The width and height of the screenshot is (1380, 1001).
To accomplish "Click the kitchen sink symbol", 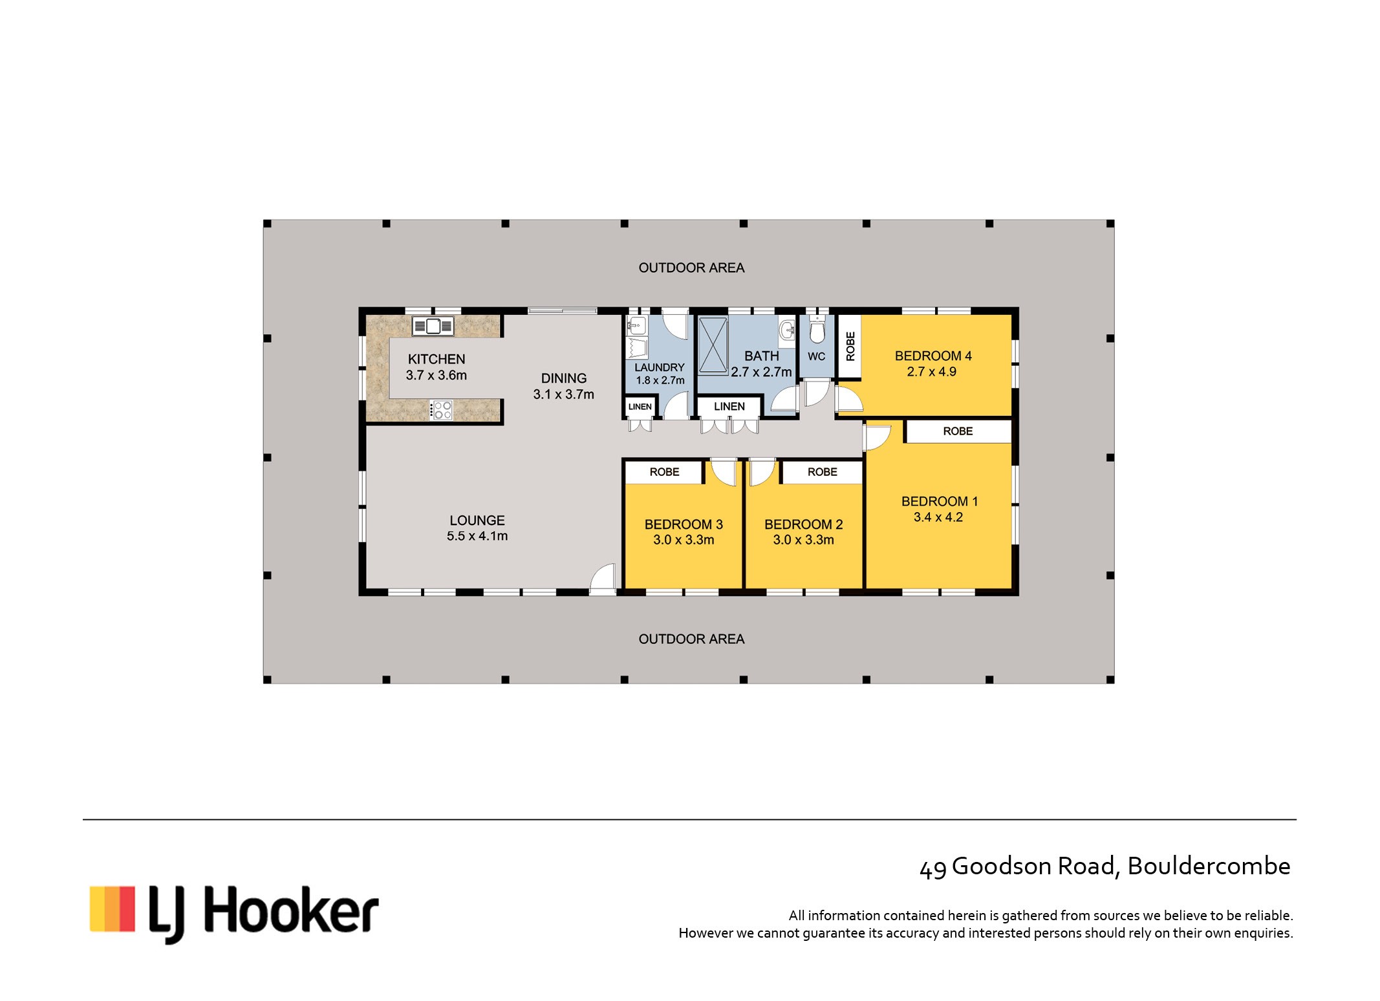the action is (433, 326).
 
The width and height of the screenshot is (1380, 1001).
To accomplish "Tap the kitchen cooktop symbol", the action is (441, 410).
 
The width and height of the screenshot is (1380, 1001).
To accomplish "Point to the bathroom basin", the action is (787, 330).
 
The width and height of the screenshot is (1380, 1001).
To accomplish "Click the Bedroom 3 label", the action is (684, 524).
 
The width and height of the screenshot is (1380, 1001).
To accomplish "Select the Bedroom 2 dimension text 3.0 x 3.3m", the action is (803, 540).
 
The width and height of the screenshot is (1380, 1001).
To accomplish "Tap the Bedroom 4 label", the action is (933, 356).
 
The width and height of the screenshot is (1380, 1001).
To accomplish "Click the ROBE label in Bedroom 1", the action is (958, 431).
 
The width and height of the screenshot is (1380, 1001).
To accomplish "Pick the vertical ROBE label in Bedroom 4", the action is (850, 346).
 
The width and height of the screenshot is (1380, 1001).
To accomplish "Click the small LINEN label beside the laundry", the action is (640, 407).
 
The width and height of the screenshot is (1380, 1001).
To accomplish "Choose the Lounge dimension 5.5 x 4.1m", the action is (477, 536).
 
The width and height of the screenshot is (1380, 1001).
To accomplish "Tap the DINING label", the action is (564, 378).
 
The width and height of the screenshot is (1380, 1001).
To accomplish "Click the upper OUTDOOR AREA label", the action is (691, 268).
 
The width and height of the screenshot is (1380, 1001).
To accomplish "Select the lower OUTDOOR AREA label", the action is (691, 639).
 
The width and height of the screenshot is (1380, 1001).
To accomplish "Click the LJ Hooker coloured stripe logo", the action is (112, 909).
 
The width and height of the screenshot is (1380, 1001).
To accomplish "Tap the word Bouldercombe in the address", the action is (1209, 866).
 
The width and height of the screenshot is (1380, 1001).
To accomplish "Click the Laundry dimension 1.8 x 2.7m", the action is (660, 380).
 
